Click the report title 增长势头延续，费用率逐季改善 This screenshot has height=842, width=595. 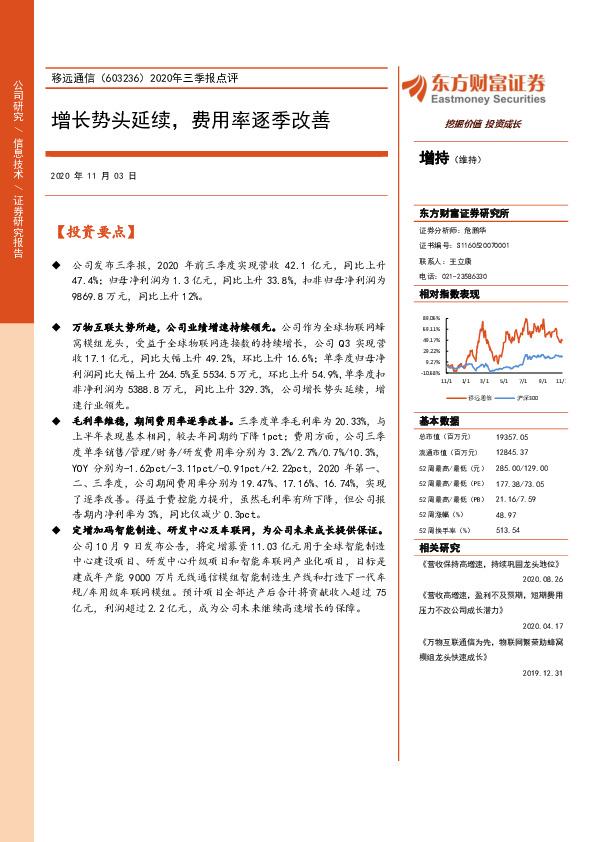click(190, 122)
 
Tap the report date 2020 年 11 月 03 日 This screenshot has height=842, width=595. click(93, 175)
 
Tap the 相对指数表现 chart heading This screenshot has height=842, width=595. click(449, 294)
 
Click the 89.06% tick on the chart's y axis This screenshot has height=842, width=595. click(431, 317)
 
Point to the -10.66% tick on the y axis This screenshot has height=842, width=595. click(430, 373)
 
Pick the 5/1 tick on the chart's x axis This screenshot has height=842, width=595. click(503, 381)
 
